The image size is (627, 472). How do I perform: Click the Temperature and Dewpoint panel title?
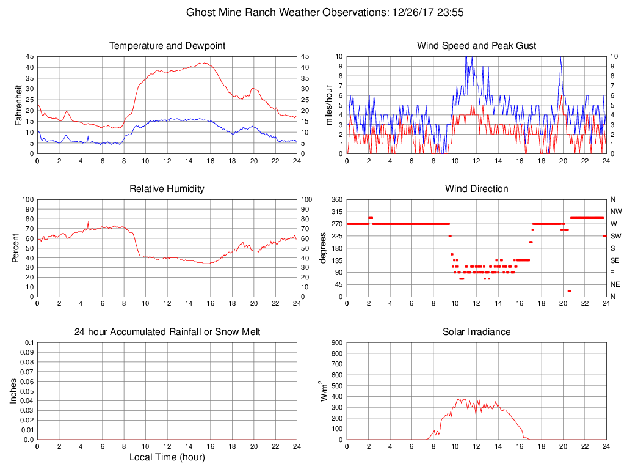click(x=167, y=46)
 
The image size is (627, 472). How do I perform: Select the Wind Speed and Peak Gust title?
click(x=476, y=46)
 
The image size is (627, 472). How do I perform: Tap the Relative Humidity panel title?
click(x=167, y=189)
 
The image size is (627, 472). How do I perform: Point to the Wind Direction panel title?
click(x=476, y=189)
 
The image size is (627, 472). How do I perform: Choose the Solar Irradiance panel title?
click(x=476, y=332)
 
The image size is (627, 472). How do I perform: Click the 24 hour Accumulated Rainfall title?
click(x=167, y=332)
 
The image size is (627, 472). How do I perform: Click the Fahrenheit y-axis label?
click(x=19, y=105)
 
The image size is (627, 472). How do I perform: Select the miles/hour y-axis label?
click(x=328, y=105)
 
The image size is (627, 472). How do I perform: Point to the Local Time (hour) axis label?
click(x=167, y=457)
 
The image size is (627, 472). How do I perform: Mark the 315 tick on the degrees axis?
click(x=335, y=212)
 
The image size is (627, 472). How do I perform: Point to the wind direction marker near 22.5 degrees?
click(x=569, y=290)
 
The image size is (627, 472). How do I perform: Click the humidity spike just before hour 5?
click(x=88, y=223)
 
